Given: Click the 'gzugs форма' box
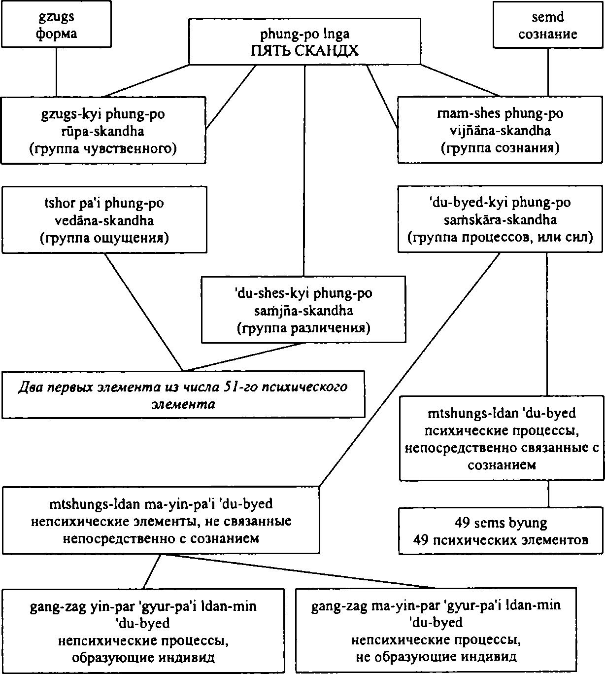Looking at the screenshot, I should [x=56, y=26].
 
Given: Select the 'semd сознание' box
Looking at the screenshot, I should [x=548, y=26].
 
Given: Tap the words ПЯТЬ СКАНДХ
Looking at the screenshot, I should [x=304, y=50].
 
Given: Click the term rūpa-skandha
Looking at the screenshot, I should [x=103, y=131].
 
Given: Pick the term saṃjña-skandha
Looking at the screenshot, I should [x=303, y=311].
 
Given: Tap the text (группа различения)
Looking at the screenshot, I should [x=303, y=328].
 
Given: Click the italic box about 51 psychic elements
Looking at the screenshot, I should [x=183, y=395].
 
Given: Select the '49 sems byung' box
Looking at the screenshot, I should [x=501, y=531].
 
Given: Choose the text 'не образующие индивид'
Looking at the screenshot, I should [x=436, y=657].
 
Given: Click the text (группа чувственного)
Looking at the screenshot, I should [x=103, y=148].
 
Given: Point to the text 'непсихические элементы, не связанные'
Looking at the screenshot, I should [x=161, y=521].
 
